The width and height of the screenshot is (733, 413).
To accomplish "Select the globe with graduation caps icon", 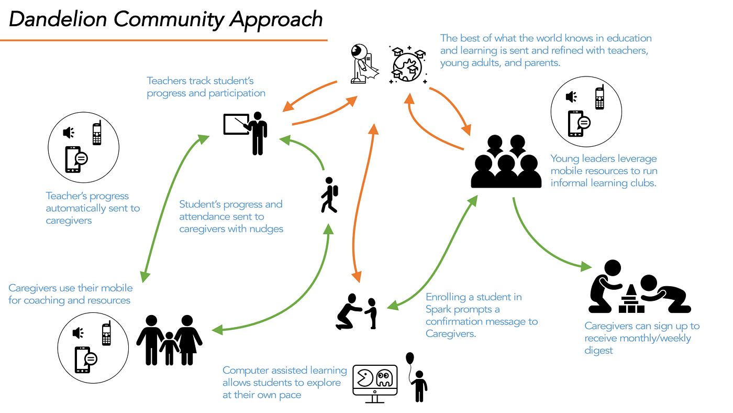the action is click(x=408, y=65).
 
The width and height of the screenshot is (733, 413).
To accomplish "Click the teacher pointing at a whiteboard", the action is click(x=246, y=133).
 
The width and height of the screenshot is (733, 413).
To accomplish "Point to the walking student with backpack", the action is click(x=329, y=195).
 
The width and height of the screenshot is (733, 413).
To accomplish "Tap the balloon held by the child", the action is click(x=409, y=358).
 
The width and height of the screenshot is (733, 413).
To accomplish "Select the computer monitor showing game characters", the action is click(x=375, y=384).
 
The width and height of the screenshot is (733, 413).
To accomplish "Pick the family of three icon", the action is click(x=169, y=340).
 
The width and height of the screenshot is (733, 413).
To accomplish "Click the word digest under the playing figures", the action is click(x=598, y=351).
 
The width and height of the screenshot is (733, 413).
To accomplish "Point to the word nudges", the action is click(x=266, y=229).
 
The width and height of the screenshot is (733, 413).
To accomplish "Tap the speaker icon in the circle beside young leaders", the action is click(x=571, y=97).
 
